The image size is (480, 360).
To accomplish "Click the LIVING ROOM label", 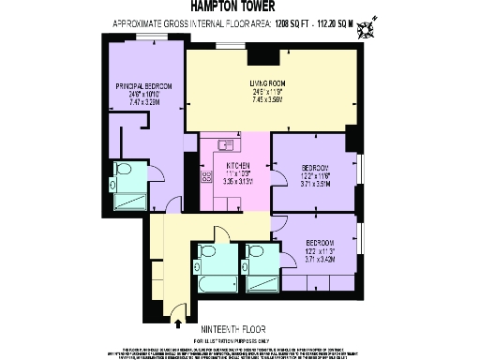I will pyautogui.click(x=267, y=83).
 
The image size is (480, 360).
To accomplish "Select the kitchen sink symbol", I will pyautogui.click(x=225, y=144).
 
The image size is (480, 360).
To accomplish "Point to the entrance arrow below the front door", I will pyautogui.click(x=179, y=324).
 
